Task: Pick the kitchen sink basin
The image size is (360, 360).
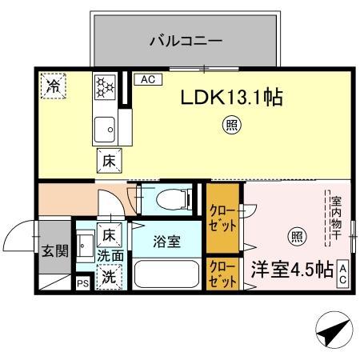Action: coord(104,128)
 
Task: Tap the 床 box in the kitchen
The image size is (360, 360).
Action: coord(109,161)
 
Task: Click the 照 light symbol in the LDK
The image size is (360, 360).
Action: coord(230,125)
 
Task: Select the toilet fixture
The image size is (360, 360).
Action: coord(170,198)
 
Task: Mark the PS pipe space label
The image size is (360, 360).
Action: coord(82,282)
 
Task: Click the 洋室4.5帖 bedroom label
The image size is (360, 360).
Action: coord(291,269)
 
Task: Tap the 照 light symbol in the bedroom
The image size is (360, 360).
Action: coord(297,236)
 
